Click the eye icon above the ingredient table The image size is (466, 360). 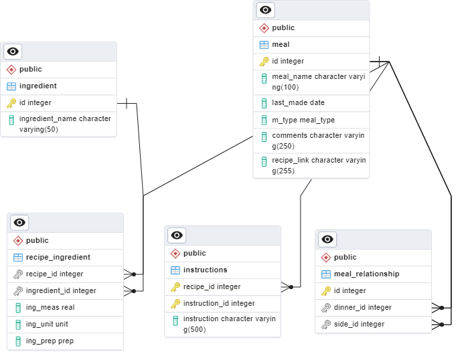13,52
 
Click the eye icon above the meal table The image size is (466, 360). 266,9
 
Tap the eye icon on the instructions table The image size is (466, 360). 177,235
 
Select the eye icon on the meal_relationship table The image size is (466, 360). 327,239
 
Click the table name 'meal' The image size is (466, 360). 281,45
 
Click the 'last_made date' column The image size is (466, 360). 298,103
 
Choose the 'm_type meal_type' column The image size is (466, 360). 303,120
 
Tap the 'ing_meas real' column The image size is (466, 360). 50,307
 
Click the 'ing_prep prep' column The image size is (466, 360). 50,341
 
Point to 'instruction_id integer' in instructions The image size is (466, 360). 218,303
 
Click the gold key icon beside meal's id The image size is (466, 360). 264,62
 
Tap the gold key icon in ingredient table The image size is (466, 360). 11,103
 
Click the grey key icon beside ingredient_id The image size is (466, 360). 18,290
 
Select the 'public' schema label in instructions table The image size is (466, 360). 194,253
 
